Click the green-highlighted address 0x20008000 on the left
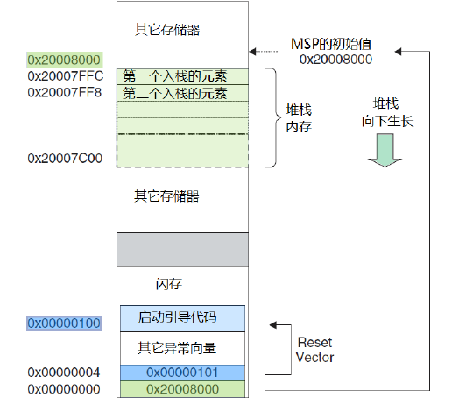point(64,60)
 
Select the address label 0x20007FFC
point(64,76)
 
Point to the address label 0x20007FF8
point(64,92)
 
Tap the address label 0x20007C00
point(64,158)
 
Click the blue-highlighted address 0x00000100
point(64,323)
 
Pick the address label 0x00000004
point(64,373)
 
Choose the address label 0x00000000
point(64,388)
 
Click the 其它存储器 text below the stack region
point(166,195)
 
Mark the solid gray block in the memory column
point(182,249)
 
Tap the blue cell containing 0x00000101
point(182,373)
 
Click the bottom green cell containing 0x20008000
point(182,388)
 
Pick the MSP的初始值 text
point(333,44)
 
